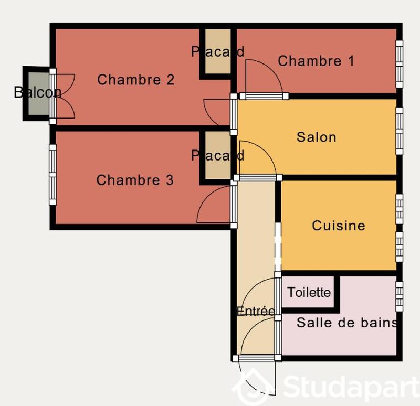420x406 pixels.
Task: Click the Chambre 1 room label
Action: [316, 61]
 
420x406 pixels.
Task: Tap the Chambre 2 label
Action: [135, 80]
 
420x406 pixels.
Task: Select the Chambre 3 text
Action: [134, 180]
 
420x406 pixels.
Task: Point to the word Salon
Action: [316, 137]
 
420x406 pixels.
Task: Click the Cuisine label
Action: [338, 226]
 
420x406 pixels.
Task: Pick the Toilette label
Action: [309, 292]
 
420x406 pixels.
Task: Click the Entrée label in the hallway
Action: [256, 311]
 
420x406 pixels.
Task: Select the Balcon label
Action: [37, 93]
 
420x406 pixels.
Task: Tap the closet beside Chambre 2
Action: [217, 51]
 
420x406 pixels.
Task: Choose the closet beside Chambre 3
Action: [217, 156]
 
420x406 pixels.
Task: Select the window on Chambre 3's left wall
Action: [52, 174]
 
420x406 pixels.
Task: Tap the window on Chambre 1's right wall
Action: [399, 64]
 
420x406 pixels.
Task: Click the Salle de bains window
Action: [399, 296]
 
